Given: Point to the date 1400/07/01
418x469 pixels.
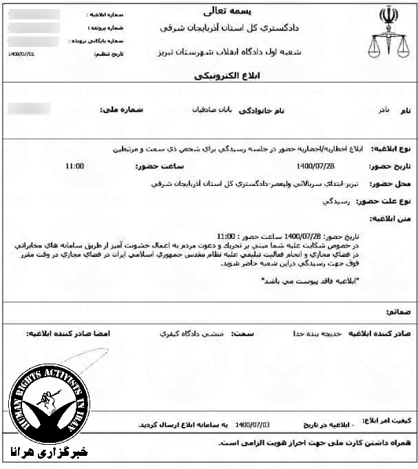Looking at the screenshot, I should click(22, 52).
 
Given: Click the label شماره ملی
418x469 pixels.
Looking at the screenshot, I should click(125, 109).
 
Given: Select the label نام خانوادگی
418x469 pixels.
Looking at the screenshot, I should click(260, 110).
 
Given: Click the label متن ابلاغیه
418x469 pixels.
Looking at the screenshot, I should click(390, 218).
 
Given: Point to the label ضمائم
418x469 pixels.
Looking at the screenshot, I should click(399, 312).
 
